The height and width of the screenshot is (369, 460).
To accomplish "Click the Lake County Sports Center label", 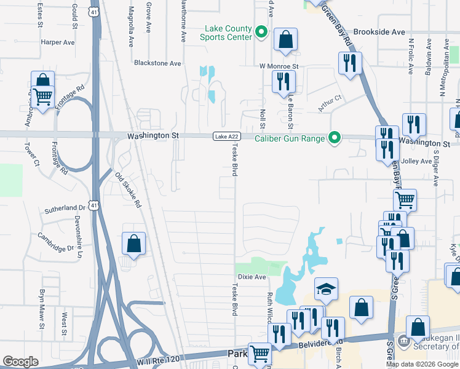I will [x=226, y=33].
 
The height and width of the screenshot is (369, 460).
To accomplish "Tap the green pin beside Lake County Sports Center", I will [x=261, y=32].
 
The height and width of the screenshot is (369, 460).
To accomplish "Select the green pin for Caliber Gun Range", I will [x=334, y=138].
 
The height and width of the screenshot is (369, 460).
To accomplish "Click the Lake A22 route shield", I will [x=225, y=137].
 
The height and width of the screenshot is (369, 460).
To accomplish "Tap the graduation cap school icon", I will [x=326, y=289].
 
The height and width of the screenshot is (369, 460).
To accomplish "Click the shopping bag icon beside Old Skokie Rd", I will [x=133, y=244].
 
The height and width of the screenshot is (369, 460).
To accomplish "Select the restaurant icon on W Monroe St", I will [x=284, y=81].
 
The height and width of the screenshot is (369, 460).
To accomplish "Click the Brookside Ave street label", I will [x=379, y=32].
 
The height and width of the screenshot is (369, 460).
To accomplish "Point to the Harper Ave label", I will [x=57, y=42].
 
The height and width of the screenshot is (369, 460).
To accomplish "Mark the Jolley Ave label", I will [x=416, y=161].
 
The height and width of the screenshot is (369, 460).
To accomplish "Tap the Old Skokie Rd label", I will [x=128, y=190].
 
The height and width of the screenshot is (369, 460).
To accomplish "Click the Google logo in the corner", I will [x=20, y=362].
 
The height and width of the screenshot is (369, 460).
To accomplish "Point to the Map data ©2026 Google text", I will [x=422, y=364].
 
